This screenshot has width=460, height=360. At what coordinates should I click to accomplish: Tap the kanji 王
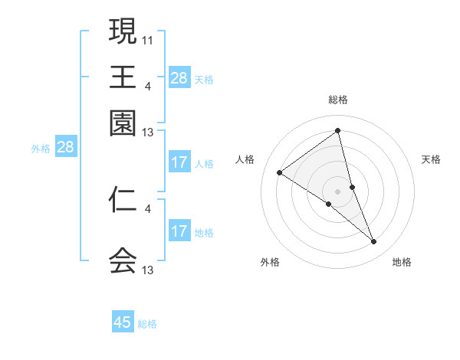(x=123, y=77)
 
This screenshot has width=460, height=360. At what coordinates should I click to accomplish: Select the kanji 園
(x=123, y=123)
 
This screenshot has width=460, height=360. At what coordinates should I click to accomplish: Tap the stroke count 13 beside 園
(x=148, y=132)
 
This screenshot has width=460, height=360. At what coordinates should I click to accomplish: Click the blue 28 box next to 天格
(x=179, y=77)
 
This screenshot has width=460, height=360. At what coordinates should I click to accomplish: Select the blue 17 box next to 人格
(x=179, y=162)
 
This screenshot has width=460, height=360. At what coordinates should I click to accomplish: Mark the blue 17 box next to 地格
(x=179, y=232)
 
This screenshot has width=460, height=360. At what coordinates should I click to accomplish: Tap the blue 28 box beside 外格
(x=65, y=148)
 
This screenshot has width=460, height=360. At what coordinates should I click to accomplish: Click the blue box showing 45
(x=123, y=322)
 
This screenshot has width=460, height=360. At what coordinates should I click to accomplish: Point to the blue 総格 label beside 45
(x=147, y=324)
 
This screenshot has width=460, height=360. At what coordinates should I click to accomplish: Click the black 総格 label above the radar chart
(x=338, y=100)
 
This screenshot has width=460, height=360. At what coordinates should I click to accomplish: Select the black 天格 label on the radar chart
(x=432, y=159)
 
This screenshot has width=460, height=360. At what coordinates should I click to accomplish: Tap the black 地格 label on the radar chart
(x=402, y=263)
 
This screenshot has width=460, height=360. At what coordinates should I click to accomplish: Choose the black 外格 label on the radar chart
(x=270, y=263)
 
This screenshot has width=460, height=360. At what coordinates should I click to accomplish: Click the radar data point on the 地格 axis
(x=374, y=242)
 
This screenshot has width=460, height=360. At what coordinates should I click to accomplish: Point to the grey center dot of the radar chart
(x=337, y=191)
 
